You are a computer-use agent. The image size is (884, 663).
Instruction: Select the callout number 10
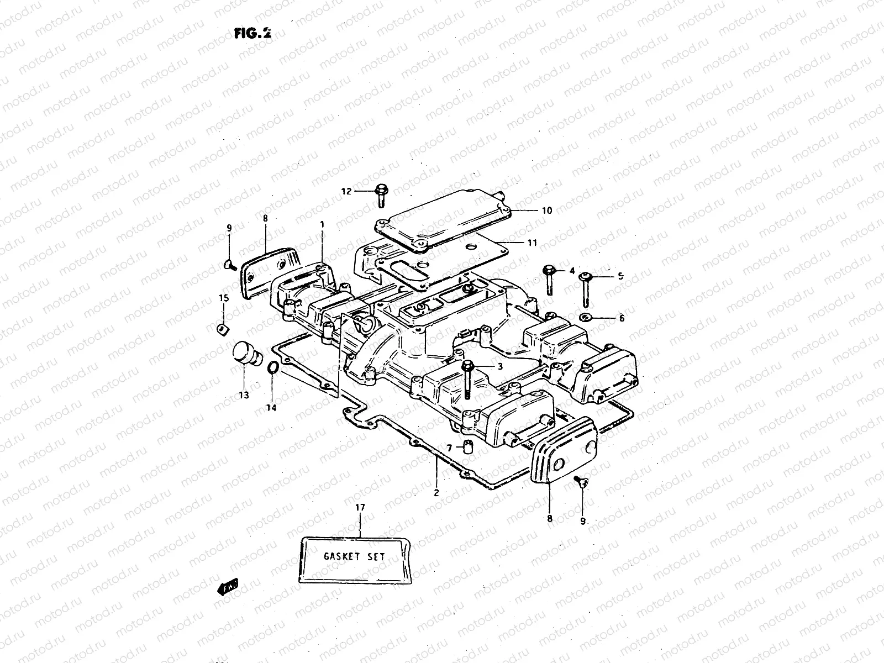pyautogui.click(x=546, y=211)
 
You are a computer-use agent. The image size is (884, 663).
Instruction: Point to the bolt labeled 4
pyautogui.click(x=550, y=279)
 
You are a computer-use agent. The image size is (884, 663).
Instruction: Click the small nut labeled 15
pyautogui.click(x=222, y=329)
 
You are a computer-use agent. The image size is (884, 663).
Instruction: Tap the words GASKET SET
pyautogui.click(x=355, y=556)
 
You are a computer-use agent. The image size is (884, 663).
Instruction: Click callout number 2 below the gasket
pyautogui.click(x=436, y=493)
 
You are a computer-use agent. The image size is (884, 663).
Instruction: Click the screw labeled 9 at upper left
pyautogui.click(x=229, y=266)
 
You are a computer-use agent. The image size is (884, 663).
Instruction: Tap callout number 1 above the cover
pyautogui.click(x=322, y=225)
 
